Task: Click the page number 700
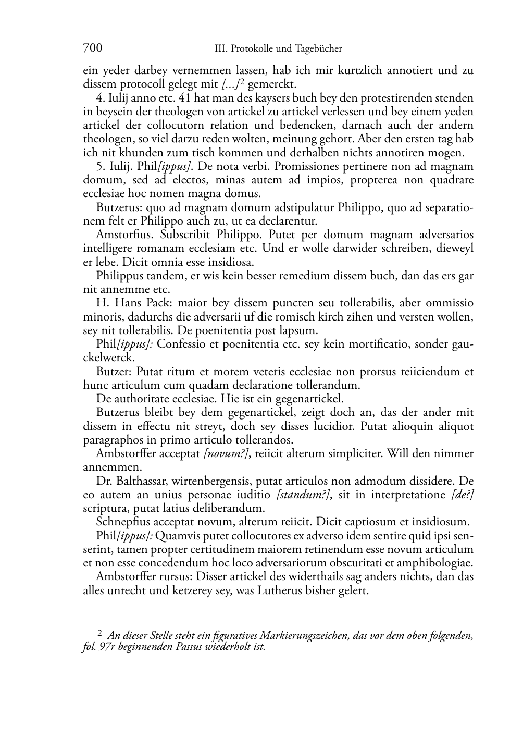(x=92, y=48)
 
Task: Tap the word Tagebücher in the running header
(x=318, y=49)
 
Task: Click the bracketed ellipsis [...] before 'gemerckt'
(x=230, y=84)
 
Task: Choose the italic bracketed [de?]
(x=462, y=494)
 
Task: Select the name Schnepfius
(x=123, y=522)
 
